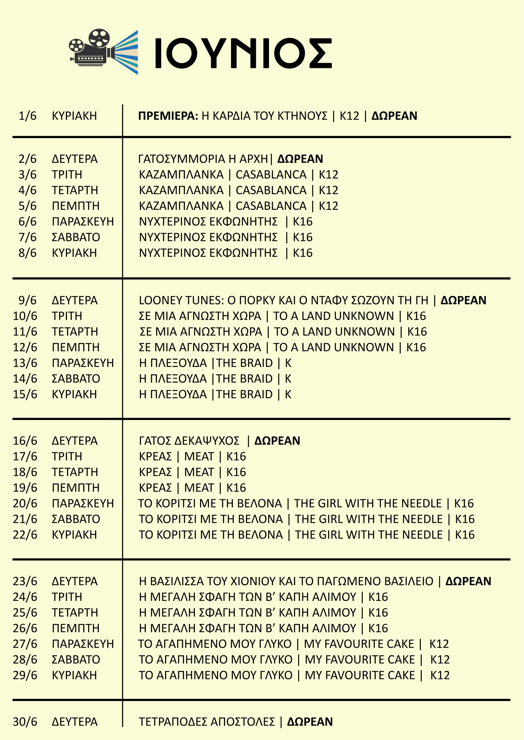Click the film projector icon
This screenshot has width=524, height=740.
pos(103,52)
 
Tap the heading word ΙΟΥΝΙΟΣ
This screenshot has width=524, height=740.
pos(243,53)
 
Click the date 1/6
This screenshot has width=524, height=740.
pos(27,116)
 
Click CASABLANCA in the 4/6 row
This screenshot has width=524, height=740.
pos(271,190)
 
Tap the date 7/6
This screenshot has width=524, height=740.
pos(27,238)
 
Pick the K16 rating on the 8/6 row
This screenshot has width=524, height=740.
pos(303,253)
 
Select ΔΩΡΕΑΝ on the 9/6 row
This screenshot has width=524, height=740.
pos(463,300)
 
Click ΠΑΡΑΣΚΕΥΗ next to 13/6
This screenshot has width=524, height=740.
pos(83,363)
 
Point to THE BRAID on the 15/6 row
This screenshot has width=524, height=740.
pos(244,394)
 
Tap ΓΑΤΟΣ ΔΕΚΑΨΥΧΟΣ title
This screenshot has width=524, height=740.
pos(189,441)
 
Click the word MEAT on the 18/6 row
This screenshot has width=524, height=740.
pos(199,472)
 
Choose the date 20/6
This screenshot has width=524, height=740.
pos(25,504)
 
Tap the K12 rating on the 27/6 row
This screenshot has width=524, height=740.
pos(439,644)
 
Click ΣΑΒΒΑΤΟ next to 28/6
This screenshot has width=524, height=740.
pos(76,660)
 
